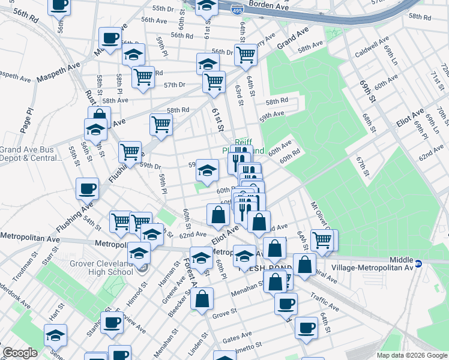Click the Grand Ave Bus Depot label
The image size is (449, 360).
point(30,154)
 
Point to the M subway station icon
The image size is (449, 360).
point(420,262)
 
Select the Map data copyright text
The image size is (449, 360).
point(411,355)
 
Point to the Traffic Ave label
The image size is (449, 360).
point(325,302)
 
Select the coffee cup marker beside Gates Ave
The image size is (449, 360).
point(306,328)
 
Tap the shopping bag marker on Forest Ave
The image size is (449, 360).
point(202,298)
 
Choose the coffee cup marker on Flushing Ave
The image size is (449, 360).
point(87,188)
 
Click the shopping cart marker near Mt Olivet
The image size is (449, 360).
point(323,239)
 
